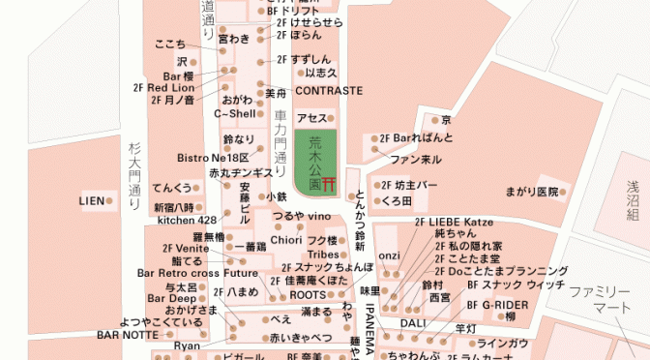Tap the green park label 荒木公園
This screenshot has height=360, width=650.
[x=314, y=161]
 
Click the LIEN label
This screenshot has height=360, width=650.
[x=91, y=200]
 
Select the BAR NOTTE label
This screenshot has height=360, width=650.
[x=126, y=335]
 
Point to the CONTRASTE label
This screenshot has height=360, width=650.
[x=329, y=91]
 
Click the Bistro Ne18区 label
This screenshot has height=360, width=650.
[x=214, y=157]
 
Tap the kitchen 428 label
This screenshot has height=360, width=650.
[x=187, y=220]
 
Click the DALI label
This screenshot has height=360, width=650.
[x=413, y=322]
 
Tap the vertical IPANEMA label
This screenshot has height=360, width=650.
[x=370, y=325]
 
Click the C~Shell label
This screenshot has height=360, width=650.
[x=235, y=113]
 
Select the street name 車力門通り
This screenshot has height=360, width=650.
[x=281, y=136]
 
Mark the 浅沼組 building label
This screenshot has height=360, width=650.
[x=634, y=202]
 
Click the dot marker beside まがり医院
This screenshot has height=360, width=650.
[x=563, y=193]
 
